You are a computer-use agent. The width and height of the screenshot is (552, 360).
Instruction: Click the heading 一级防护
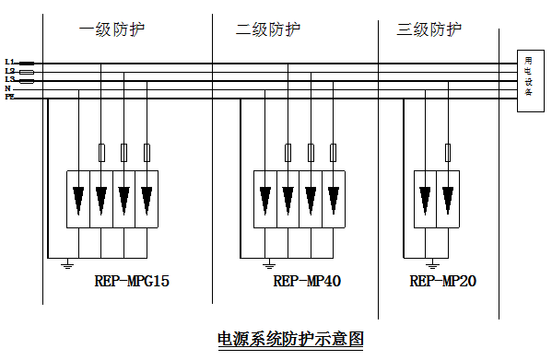click(112, 29)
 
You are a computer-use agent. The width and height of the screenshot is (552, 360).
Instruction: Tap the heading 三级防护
click(429, 29)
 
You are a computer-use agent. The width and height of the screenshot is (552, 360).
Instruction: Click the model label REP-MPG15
click(132, 282)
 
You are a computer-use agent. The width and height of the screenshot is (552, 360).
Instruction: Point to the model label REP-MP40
click(308, 282)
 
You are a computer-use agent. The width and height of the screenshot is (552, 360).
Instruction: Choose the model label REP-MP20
click(443, 282)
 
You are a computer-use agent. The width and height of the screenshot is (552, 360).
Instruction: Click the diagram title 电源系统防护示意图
click(290, 338)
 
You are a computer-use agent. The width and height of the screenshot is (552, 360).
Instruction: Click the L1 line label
click(9, 63)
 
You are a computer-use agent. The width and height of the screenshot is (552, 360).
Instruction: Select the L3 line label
click(9, 80)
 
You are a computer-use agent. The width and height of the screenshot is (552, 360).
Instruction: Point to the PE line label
click(9, 97)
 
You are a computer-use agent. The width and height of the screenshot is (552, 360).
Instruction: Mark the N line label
click(8, 88)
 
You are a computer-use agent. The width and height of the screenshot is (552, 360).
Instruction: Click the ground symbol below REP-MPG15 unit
click(66, 265)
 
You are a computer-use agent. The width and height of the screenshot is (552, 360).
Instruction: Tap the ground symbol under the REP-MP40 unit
click(268, 265)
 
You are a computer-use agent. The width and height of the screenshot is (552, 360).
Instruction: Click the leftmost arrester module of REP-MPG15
click(78, 199)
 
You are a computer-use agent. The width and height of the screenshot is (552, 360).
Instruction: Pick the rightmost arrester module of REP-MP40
click(333, 199)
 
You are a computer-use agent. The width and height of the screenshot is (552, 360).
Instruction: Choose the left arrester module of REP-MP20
click(425, 199)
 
